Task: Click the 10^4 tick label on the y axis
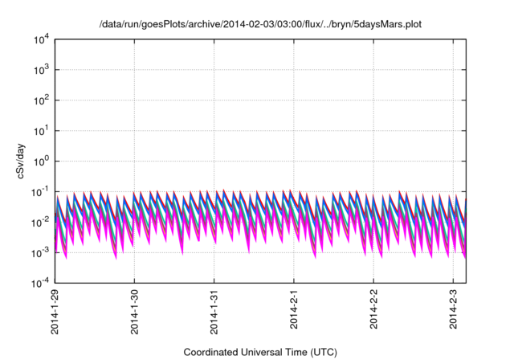pyautogui.click(x=41, y=39)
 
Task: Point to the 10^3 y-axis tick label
pyautogui.click(x=41, y=70)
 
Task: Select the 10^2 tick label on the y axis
pyautogui.click(x=41, y=100)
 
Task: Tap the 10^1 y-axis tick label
pyautogui.click(x=41, y=130)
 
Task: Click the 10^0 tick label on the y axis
pyautogui.click(x=41, y=161)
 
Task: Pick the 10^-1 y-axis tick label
pyautogui.click(x=41, y=191)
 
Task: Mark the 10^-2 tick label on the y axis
pyautogui.click(x=41, y=222)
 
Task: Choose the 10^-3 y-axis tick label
pyautogui.click(x=41, y=252)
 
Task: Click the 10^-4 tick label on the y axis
pyautogui.click(x=41, y=283)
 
